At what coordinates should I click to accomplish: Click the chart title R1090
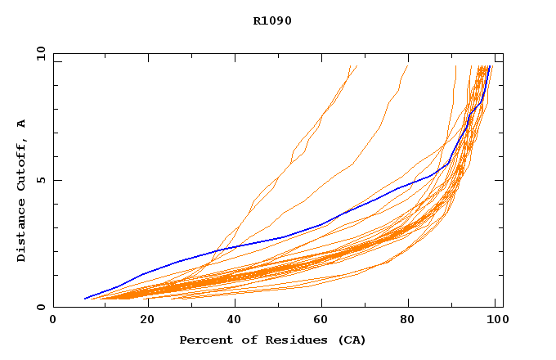coord(272,20)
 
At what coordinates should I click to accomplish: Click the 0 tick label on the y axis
coord(41,308)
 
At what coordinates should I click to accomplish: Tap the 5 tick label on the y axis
coord(41,180)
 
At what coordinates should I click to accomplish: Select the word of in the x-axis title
coord(245,340)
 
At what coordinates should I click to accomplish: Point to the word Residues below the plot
coord(290,340)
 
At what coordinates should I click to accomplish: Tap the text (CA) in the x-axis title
coord(349,340)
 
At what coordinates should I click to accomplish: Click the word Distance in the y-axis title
coord(21,232)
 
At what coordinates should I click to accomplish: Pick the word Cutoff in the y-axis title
coord(21,166)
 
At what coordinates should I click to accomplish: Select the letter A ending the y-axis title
coord(21,124)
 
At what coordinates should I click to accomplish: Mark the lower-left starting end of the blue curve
coord(85,299)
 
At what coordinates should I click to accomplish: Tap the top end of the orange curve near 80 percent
coord(407,66)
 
